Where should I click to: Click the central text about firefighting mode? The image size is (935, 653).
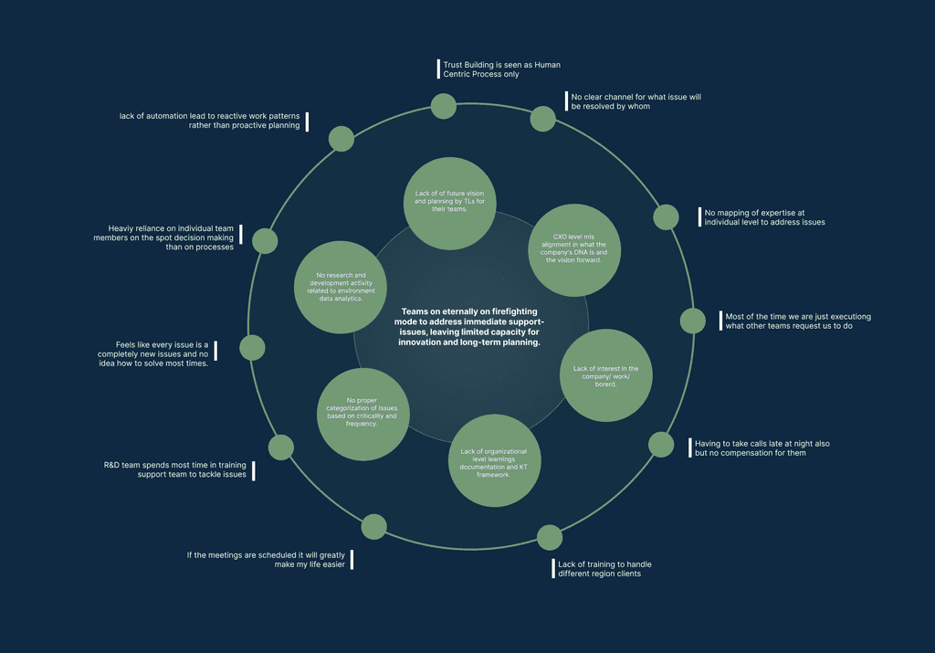tap(471, 327)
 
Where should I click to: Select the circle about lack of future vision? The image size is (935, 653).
tap(450, 203)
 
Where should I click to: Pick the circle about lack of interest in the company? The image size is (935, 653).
tap(605, 374)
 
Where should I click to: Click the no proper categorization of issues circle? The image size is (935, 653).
tap(362, 415)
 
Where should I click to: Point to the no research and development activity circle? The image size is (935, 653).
tap(340, 286)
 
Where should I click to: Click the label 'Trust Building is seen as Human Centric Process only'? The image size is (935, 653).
tap(501, 69)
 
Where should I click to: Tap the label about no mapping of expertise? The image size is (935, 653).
tap(764, 216)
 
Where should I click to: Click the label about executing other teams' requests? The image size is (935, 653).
tap(797, 321)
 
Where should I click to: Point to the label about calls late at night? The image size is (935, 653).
tap(762, 448)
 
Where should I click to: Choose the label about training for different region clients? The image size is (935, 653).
tap(604, 569)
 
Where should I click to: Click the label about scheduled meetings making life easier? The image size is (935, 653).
tap(266, 559)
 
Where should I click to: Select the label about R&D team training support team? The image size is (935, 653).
tap(175, 469)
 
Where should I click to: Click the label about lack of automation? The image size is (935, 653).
tap(209, 121)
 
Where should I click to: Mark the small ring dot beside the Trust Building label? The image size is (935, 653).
tap(444, 106)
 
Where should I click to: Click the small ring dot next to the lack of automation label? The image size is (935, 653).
tap(341, 139)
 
